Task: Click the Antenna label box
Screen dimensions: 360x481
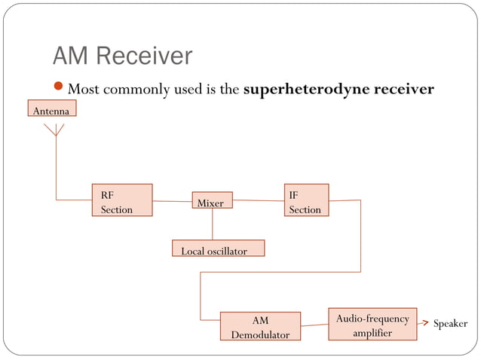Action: coord(51,111)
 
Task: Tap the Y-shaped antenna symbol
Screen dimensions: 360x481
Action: coord(56,131)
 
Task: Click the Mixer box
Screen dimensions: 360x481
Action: coord(212,201)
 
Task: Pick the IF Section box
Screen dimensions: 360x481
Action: coord(306,200)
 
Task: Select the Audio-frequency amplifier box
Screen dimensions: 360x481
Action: coord(372,325)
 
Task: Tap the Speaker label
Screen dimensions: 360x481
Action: coord(450,324)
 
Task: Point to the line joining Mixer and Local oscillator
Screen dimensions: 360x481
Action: coord(212,224)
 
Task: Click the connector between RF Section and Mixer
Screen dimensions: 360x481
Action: coord(171,202)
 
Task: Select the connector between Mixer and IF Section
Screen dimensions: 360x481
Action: coord(258,201)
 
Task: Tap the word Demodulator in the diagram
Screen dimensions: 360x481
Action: coord(260,334)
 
